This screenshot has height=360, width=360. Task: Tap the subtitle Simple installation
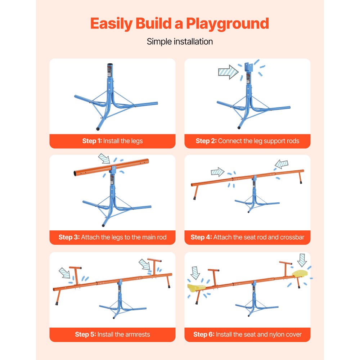[x=180, y=41]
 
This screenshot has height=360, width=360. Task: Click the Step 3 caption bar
[x=112, y=237]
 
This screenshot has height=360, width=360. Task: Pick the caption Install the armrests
[x=112, y=334]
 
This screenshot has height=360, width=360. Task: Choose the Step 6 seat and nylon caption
[x=247, y=334]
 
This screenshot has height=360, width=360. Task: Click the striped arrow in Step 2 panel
[x=228, y=72]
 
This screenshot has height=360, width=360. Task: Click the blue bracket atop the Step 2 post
[x=249, y=67]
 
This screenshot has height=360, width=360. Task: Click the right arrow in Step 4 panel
[x=282, y=165]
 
